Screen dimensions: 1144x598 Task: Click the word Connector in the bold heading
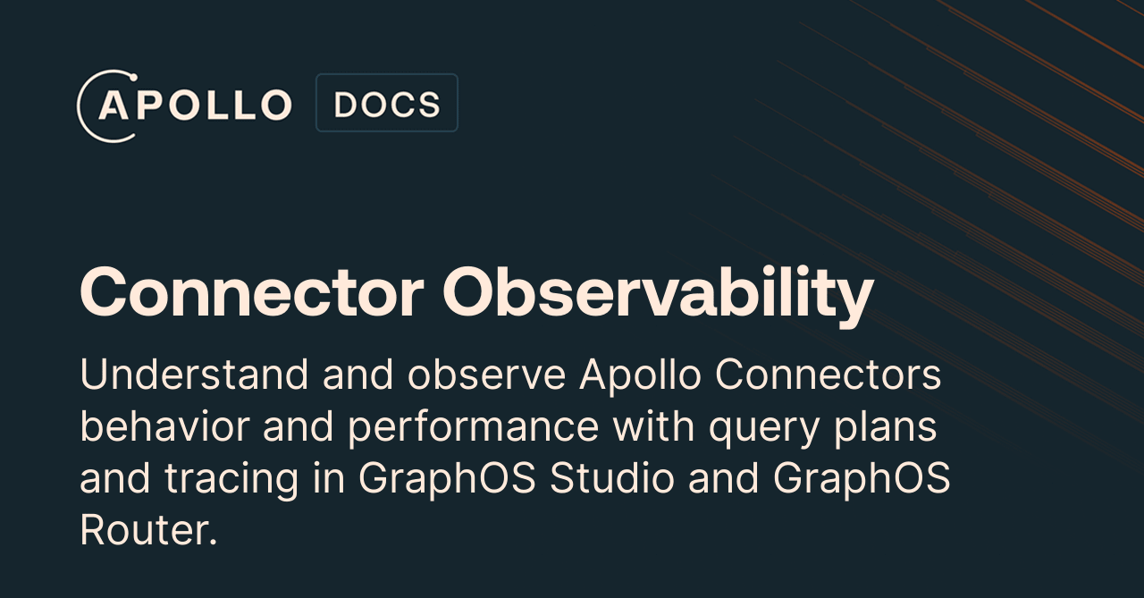pyautogui.click(x=252, y=293)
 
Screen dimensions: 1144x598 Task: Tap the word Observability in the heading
pyautogui.click(x=658, y=296)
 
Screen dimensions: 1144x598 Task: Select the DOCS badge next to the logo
pyautogui.click(x=387, y=103)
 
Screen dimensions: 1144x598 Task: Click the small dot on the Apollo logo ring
pyautogui.click(x=134, y=78)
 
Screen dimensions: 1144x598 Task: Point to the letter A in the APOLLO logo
pyautogui.click(x=113, y=105)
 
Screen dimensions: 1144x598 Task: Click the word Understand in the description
pyautogui.click(x=194, y=375)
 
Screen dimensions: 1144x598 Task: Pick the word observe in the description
pyautogui.click(x=487, y=375)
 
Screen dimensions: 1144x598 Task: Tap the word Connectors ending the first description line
pyautogui.click(x=828, y=375)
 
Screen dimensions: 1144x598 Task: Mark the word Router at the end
pyautogui.click(x=148, y=530)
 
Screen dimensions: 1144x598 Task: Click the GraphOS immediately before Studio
pyautogui.click(x=447, y=480)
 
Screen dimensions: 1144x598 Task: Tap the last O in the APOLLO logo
pyautogui.click(x=276, y=105)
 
